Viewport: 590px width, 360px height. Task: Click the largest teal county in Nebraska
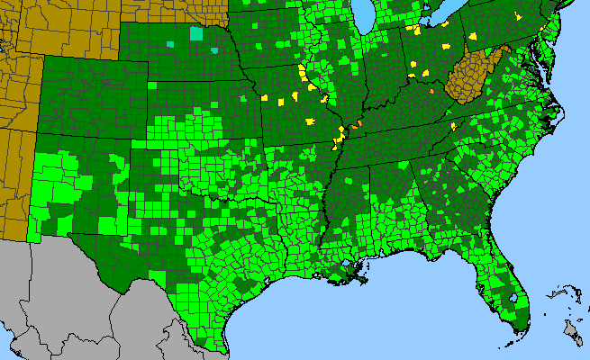(196, 33)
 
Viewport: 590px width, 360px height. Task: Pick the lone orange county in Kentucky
(431, 91)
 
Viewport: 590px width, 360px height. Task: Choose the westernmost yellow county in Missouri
(266, 96)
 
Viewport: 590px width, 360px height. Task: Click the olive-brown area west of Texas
(18, 180)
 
